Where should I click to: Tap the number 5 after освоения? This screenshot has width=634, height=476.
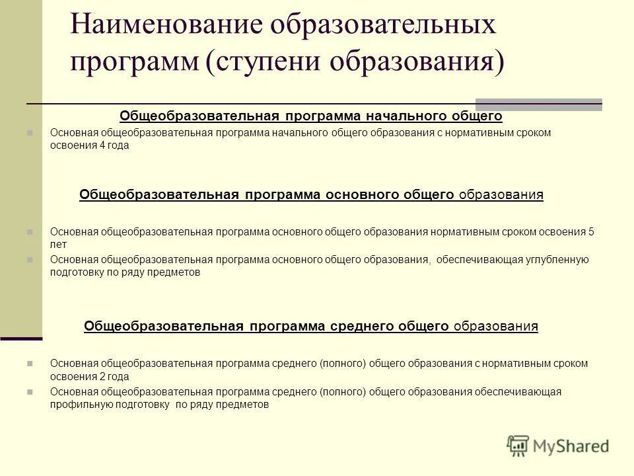(x=591, y=232)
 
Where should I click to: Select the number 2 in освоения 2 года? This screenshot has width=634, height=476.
(x=102, y=377)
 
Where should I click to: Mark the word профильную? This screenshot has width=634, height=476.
(x=77, y=405)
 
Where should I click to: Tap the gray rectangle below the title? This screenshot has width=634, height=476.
(x=538, y=104)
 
